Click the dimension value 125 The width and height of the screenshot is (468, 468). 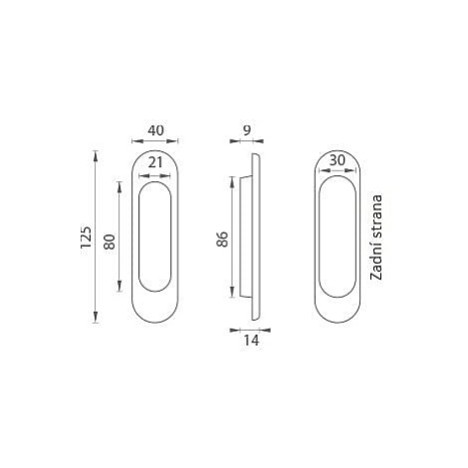pos(86,237)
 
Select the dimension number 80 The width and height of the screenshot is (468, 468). pos(110,242)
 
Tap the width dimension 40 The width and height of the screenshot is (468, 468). pos(155,130)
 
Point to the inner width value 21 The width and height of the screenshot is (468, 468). pos(155,163)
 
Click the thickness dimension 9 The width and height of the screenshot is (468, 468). pos(246,130)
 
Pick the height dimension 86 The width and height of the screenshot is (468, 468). pos(222,239)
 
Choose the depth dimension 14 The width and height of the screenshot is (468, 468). pos(251,341)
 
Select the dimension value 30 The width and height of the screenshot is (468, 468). pos(338,160)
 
